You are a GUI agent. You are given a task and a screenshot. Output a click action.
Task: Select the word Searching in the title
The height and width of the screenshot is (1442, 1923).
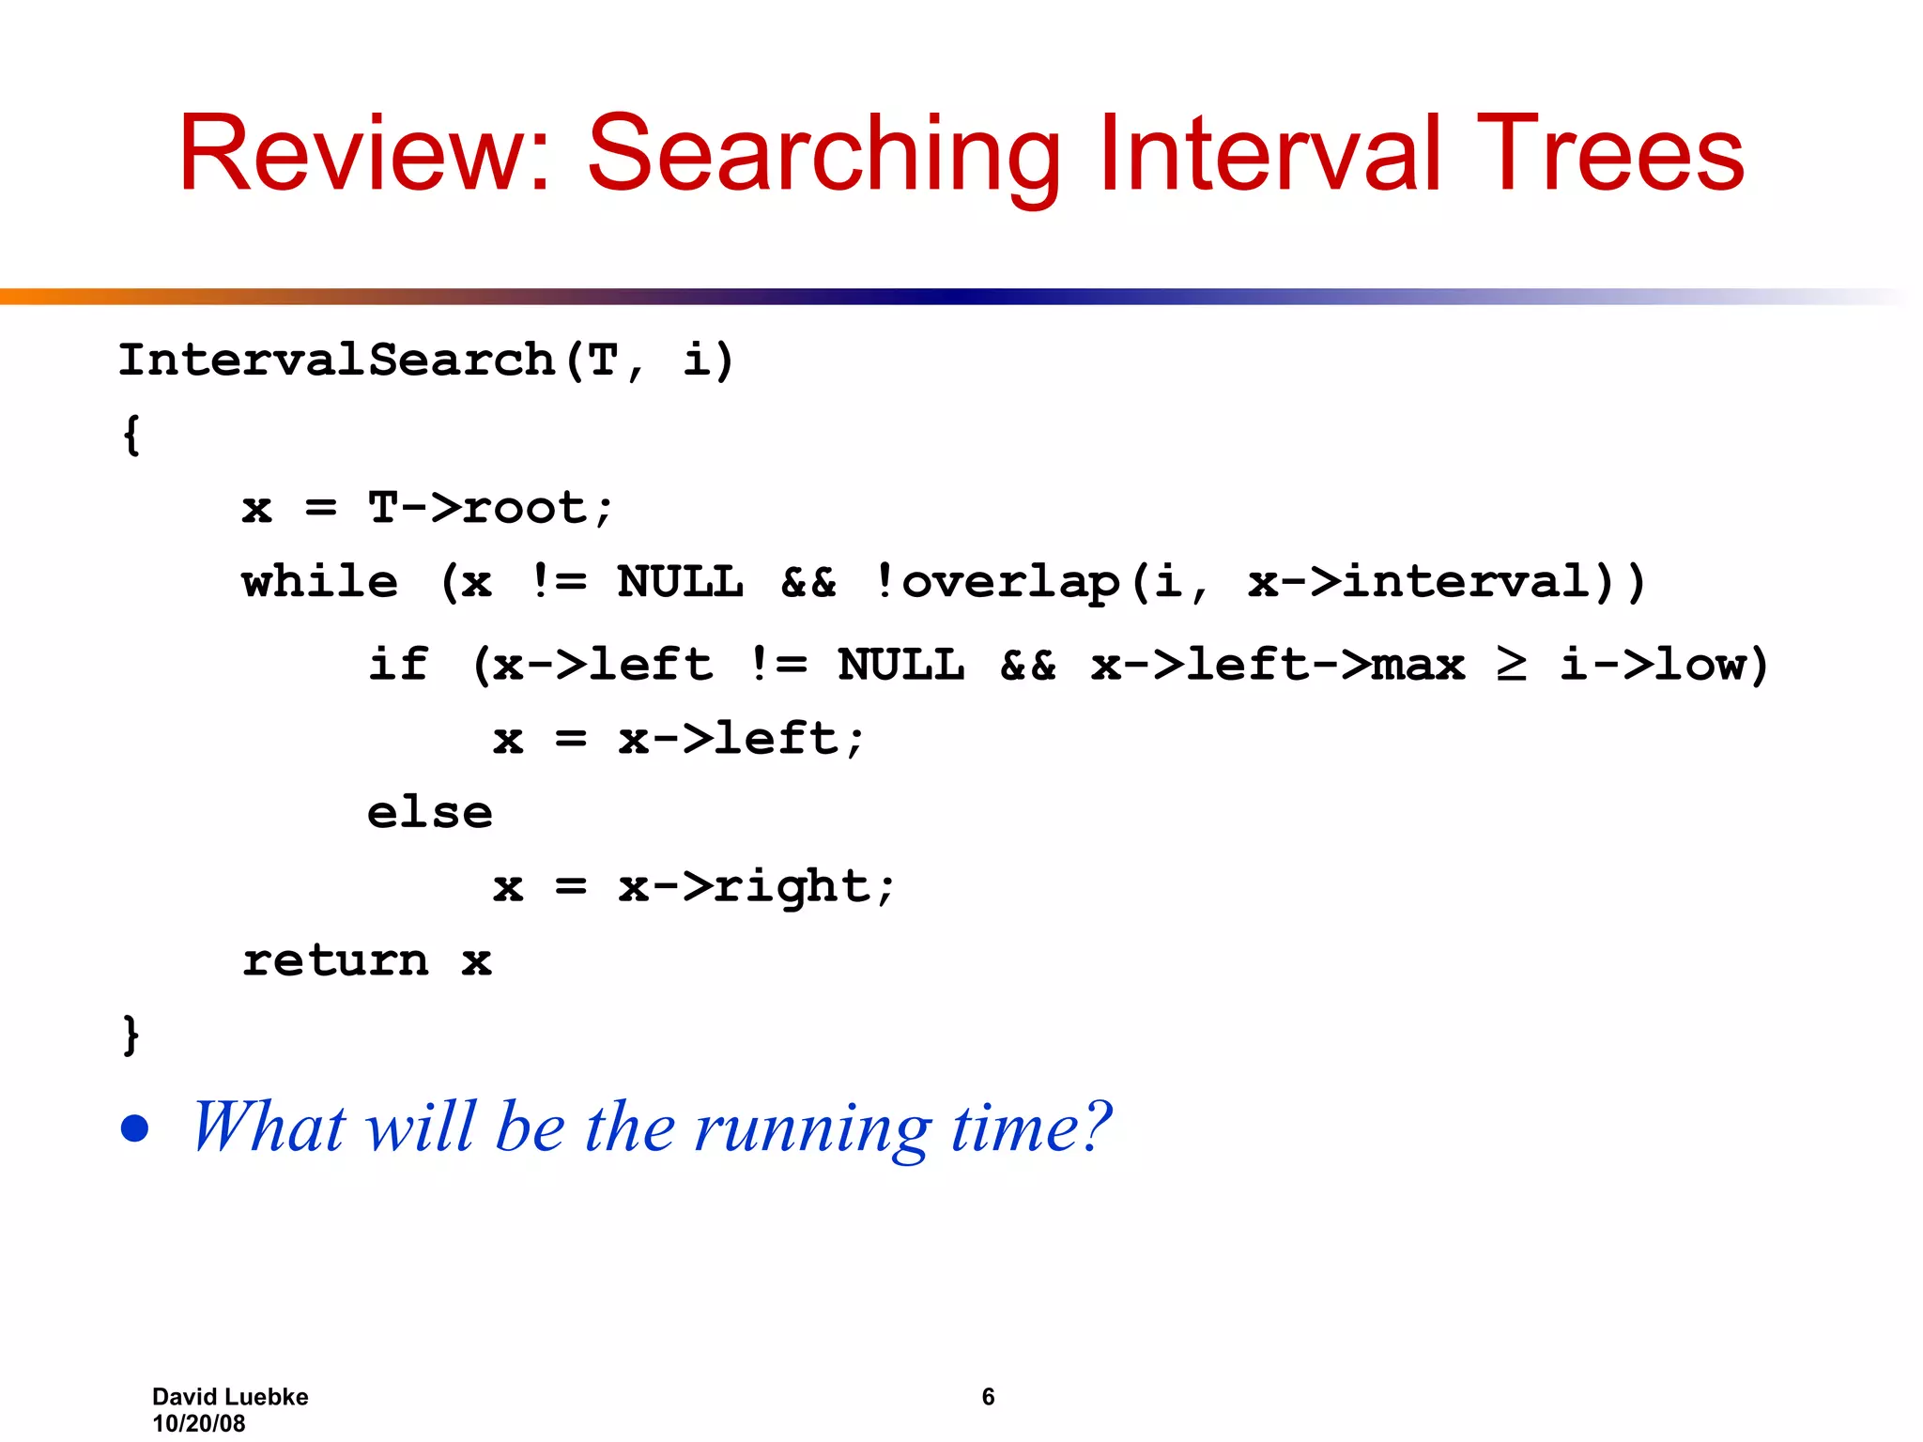(x=823, y=155)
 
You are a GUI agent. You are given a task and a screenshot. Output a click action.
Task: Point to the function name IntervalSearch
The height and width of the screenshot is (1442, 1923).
(x=336, y=360)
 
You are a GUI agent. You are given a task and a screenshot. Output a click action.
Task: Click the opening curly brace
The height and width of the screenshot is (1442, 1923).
(x=131, y=435)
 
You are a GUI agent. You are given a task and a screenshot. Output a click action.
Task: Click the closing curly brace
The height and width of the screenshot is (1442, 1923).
(x=131, y=1034)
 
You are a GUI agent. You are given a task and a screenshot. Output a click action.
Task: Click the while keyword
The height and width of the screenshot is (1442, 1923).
(x=319, y=582)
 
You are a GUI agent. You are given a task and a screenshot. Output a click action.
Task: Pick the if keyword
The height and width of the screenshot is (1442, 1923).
(x=398, y=665)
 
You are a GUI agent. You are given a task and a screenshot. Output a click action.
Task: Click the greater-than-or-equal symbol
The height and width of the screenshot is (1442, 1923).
(x=1511, y=665)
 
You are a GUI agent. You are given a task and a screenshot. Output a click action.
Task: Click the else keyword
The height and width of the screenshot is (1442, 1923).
(x=429, y=813)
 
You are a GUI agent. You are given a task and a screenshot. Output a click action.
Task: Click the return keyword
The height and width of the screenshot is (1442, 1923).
(x=335, y=960)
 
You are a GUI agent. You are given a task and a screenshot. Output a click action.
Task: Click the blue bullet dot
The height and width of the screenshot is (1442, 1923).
(x=135, y=1128)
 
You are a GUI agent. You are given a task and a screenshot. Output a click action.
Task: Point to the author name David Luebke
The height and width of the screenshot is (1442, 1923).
(x=230, y=1396)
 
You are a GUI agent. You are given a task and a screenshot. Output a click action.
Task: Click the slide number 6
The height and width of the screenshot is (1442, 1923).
(x=988, y=1396)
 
